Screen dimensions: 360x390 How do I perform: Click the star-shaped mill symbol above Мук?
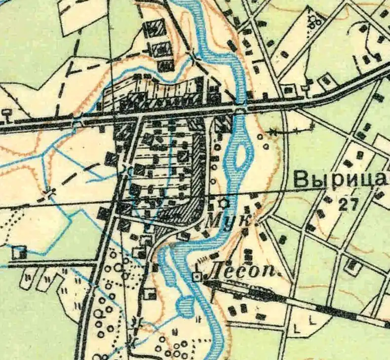225,203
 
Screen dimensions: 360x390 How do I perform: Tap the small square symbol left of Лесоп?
197,277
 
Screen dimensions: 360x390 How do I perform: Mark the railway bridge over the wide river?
240,106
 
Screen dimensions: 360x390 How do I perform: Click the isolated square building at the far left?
19,252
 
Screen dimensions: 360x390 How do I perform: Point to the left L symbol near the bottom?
297,328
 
